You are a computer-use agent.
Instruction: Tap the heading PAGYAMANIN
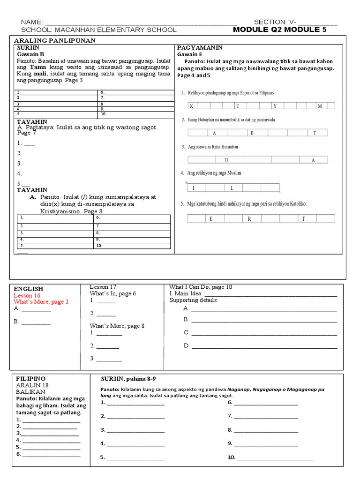pos(199,48)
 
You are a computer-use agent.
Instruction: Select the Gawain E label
pos(189,54)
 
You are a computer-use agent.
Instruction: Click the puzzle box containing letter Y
pos(276,105)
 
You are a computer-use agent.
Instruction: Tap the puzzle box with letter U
pos(226,160)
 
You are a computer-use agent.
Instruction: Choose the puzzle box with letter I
pos(193,188)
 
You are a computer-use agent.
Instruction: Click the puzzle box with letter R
pos(249,218)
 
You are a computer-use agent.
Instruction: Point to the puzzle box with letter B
pos(251,133)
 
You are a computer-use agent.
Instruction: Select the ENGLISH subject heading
pos(29,289)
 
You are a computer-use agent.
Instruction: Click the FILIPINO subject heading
pos(30,378)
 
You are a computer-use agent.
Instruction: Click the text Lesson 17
pos(103,287)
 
